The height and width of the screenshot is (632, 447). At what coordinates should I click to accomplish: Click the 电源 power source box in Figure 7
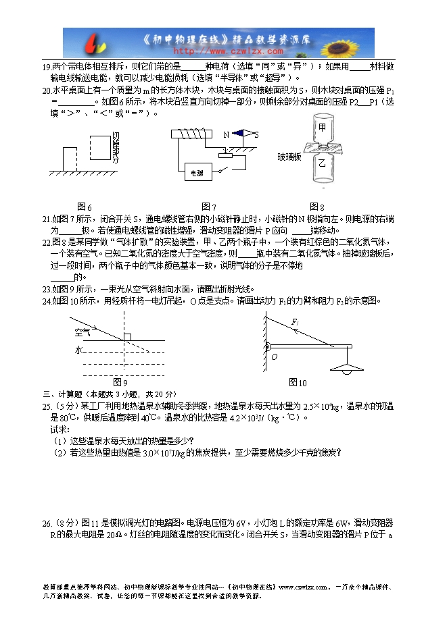(x=197, y=173)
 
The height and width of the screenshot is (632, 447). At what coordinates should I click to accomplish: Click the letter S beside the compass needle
(x=256, y=135)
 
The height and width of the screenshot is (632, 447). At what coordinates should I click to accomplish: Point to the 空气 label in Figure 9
(x=83, y=332)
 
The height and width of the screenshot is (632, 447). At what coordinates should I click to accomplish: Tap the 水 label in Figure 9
(x=78, y=350)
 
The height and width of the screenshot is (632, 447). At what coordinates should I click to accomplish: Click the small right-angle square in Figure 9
(x=127, y=337)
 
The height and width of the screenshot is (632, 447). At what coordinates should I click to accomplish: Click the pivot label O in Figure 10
(x=275, y=357)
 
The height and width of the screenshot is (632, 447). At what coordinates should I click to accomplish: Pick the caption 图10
(x=298, y=383)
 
